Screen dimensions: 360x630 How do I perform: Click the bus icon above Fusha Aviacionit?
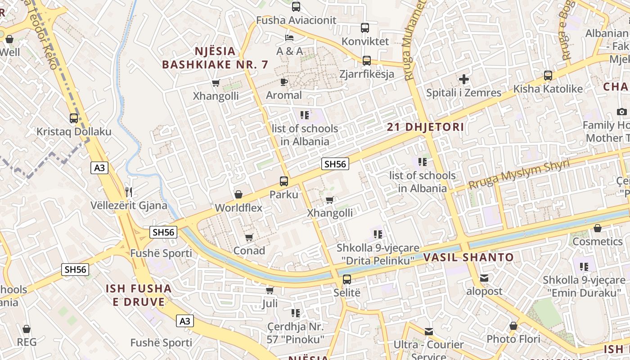coord(296,7)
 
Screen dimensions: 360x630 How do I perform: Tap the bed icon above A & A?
coord(289,37)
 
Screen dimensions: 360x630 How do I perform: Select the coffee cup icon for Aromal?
coord(283,81)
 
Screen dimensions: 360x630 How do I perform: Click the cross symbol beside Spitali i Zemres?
coord(463,80)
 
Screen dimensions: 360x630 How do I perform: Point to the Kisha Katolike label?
coord(548,89)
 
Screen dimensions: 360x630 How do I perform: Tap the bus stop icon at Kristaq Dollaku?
coord(74,118)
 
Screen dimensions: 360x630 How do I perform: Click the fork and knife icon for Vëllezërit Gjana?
coord(129,192)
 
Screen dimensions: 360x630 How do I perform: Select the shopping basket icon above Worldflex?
coord(238,194)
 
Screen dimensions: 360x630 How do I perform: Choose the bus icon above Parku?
coord(284,181)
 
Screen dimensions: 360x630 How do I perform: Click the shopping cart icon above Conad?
coord(249,237)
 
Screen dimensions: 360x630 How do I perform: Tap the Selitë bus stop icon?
coord(347,279)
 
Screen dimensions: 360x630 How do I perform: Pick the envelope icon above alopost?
coord(484,278)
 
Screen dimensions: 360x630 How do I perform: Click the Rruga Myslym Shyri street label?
coord(519,175)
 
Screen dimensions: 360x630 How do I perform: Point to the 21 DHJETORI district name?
coord(425,127)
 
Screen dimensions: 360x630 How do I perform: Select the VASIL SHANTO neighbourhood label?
coord(468,258)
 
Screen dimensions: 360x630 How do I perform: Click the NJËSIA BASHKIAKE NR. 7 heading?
coord(215,58)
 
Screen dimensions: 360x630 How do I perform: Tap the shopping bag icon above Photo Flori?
coord(513,325)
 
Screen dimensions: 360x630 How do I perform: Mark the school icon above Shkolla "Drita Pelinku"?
coord(378,234)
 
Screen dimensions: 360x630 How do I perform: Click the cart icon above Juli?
coord(270,290)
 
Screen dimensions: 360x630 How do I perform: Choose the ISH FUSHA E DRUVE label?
coord(139,295)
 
